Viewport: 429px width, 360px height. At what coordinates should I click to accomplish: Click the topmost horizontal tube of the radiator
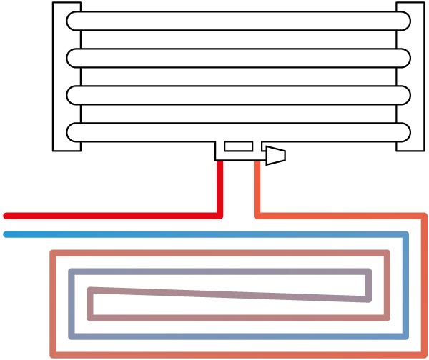240,20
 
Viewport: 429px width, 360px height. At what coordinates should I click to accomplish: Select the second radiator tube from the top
240,57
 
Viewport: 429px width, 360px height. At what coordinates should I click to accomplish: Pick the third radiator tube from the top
240,94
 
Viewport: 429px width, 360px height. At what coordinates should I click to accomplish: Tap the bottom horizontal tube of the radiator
240,131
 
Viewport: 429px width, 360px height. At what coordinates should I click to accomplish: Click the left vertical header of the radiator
67,76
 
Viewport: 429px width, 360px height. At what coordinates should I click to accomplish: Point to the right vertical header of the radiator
410,76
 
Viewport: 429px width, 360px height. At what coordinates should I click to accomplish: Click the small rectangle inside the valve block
238,146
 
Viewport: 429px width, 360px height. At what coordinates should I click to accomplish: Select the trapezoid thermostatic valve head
276,155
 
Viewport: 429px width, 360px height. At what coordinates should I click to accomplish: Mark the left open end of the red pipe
6,215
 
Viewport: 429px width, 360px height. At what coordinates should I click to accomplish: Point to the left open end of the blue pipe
6,234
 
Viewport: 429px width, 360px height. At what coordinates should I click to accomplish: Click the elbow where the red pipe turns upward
220,214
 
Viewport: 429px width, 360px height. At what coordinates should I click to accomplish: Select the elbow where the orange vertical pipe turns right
258,214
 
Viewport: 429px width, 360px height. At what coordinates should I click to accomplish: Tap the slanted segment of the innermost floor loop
229,294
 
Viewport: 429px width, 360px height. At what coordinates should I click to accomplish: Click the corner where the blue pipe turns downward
405,234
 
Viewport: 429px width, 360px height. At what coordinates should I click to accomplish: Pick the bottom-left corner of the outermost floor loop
52,354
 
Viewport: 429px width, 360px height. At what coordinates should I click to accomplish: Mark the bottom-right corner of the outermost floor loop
424,354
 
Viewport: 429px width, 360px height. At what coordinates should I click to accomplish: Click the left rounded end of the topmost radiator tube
71,20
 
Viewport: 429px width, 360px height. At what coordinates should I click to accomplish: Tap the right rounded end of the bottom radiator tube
407,131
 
